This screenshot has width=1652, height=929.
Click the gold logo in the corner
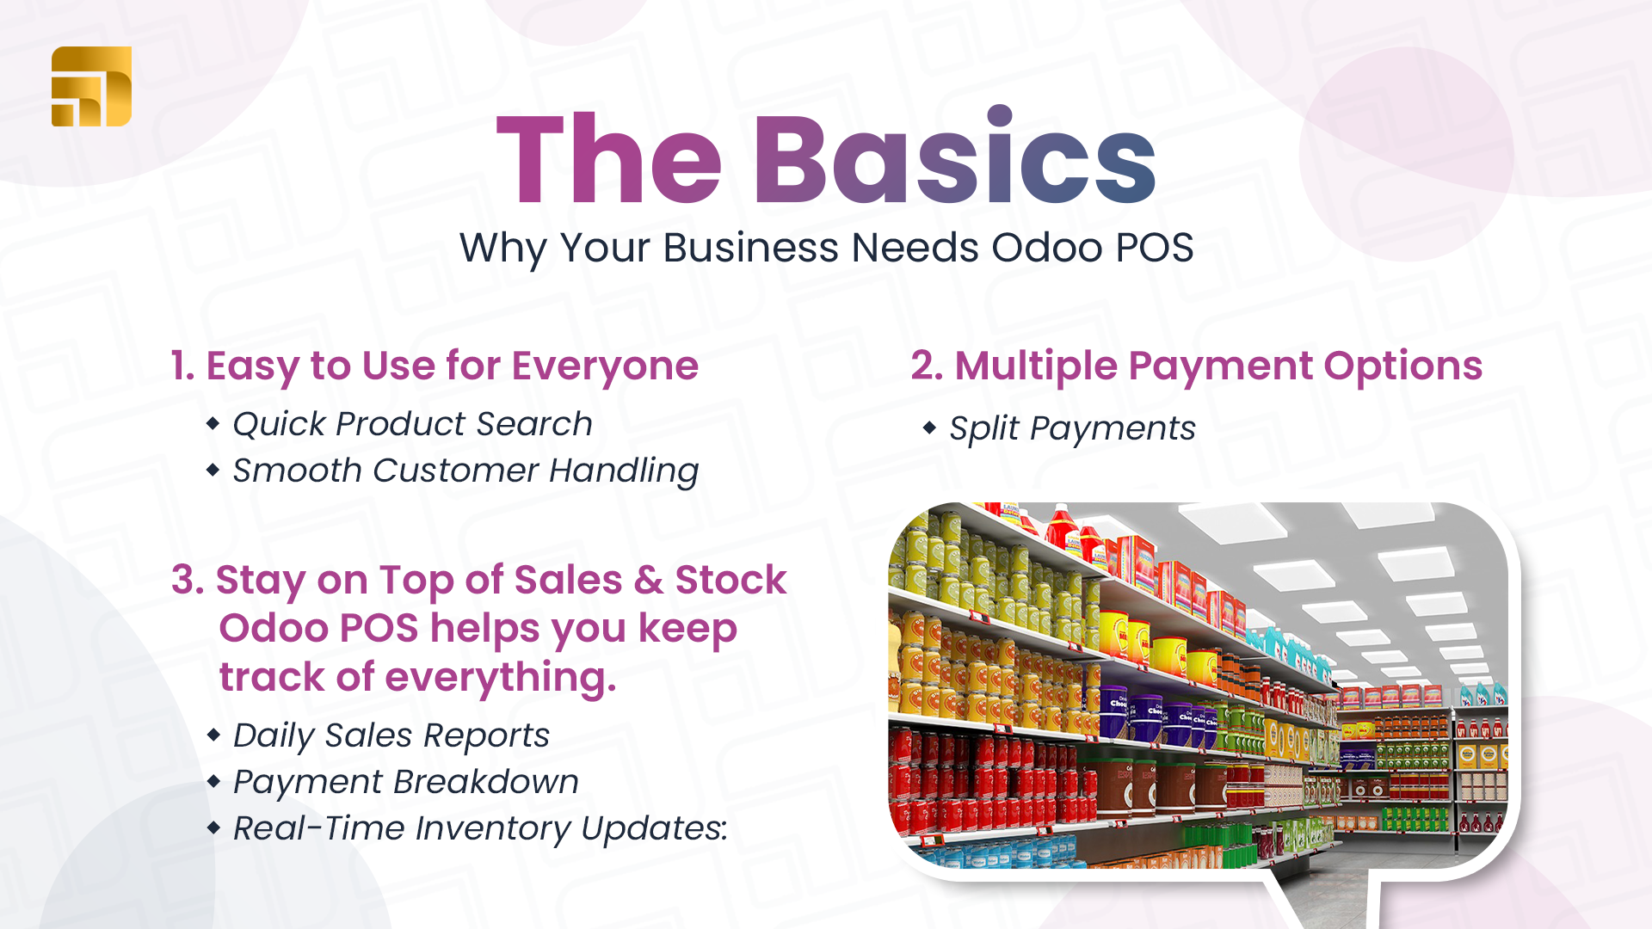91,86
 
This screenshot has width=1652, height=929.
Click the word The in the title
609,160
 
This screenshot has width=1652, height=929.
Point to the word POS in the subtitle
1155,248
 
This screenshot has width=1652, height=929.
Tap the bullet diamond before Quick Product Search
213,423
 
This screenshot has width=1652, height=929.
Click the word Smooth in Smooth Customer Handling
298,471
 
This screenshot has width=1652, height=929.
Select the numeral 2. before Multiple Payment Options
927,366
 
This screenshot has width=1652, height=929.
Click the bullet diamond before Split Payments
929,427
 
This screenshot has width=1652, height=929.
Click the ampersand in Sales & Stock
649,581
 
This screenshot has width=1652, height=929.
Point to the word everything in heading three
501,678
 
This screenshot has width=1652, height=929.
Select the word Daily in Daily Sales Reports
274,735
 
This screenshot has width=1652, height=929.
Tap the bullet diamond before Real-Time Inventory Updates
213,828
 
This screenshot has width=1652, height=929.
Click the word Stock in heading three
730,581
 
